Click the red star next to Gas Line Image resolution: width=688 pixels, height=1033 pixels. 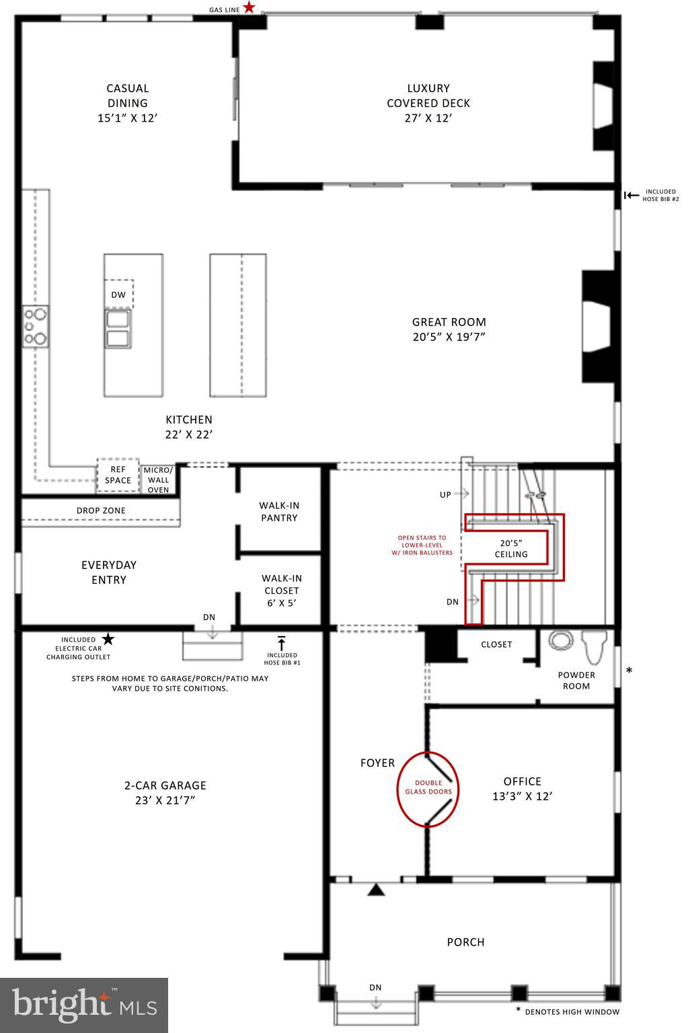click(x=249, y=8)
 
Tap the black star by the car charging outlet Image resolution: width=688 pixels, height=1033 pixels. click(x=108, y=639)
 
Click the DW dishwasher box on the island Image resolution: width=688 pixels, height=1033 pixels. click(x=118, y=295)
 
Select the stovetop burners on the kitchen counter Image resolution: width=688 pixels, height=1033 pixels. click(x=36, y=327)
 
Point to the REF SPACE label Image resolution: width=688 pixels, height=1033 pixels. click(x=118, y=475)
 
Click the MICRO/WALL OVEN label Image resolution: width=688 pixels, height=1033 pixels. click(x=159, y=480)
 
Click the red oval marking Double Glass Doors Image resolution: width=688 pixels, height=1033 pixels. click(x=428, y=788)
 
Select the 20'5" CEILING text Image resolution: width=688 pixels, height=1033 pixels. click(x=511, y=548)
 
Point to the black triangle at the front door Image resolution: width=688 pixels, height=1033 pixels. click(x=375, y=890)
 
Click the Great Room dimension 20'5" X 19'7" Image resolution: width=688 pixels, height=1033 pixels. click(x=449, y=337)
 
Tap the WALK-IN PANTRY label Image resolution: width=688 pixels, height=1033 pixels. click(x=279, y=511)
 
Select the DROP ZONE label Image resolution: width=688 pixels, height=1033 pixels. click(x=101, y=510)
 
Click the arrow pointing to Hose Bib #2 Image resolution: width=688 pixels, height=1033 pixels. click(x=631, y=195)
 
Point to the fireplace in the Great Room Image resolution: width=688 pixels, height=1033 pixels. click(x=597, y=326)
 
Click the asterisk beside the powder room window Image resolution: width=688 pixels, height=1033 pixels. click(x=629, y=671)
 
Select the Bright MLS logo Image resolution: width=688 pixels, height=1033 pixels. click(x=84, y=1005)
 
